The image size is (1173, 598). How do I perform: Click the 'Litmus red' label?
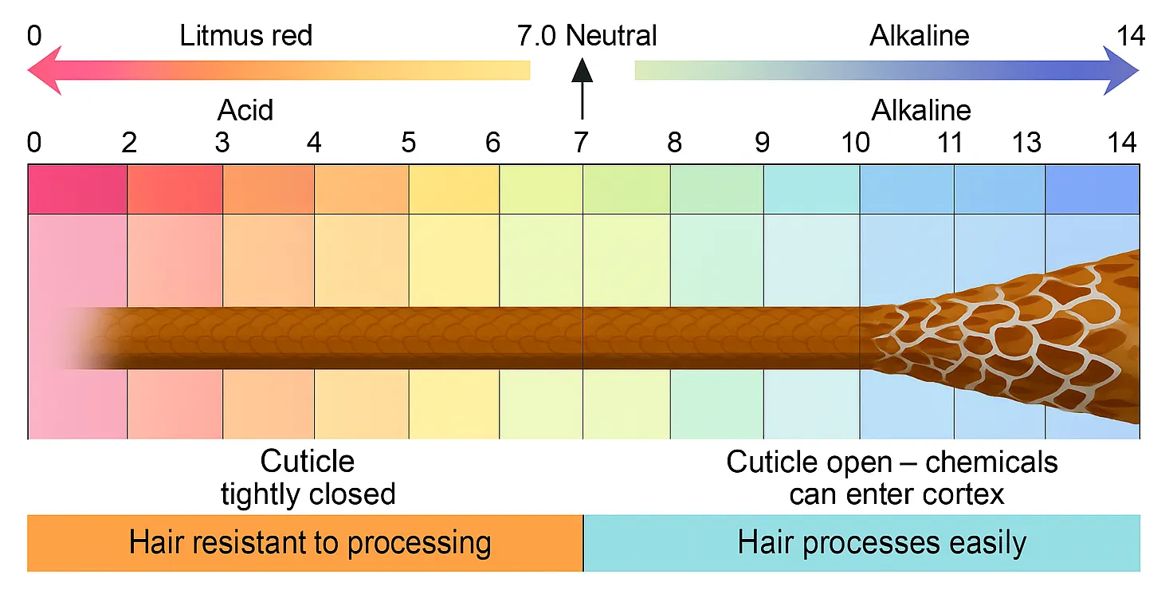tap(246, 36)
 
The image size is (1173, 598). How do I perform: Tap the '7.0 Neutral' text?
tap(586, 36)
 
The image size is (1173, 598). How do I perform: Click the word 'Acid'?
tap(245, 109)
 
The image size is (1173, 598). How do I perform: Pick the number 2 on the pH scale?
tap(129, 143)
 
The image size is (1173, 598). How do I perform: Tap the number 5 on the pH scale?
tap(408, 143)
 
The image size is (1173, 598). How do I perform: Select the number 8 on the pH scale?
tap(674, 143)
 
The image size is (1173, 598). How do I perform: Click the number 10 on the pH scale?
tap(856, 143)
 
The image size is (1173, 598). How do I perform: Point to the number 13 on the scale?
tap(1026, 143)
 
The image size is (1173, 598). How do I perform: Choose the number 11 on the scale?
tap(950, 143)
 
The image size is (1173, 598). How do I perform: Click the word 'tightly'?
tap(265, 494)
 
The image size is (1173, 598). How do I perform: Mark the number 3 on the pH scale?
tap(222, 143)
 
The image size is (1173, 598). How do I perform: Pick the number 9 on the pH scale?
tap(763, 143)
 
